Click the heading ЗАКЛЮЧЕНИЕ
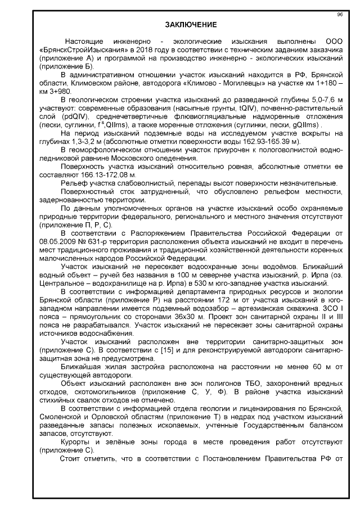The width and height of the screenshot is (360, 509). [x=190, y=25]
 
